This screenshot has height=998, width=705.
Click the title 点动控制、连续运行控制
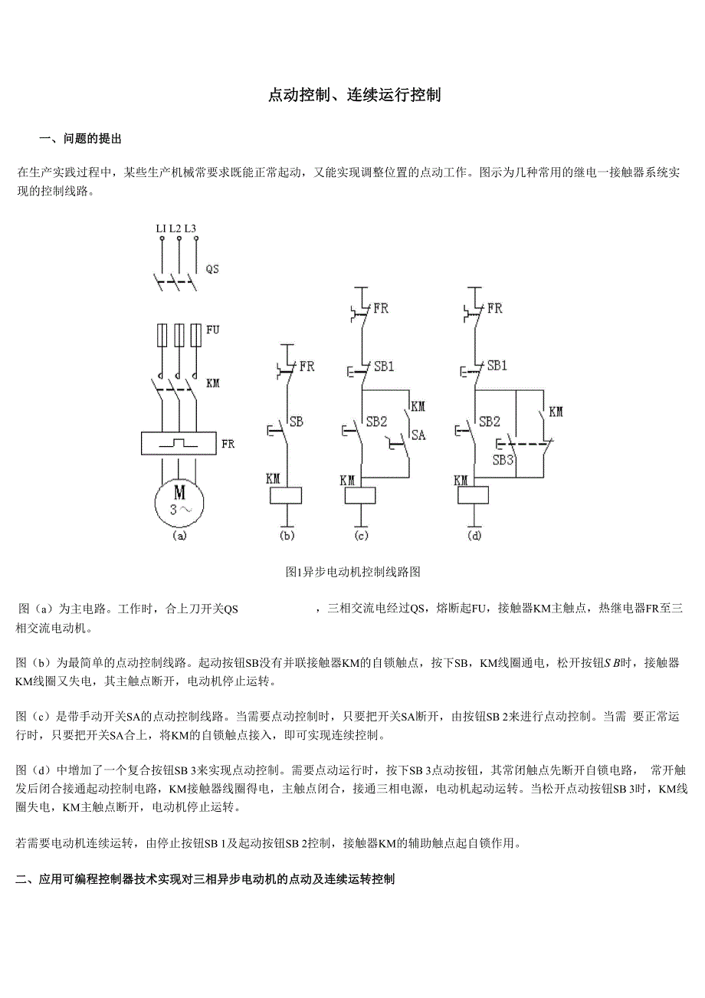[354, 96]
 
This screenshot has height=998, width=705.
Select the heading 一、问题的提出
[80, 140]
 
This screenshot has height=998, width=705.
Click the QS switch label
[212, 269]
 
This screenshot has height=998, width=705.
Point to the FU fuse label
[213, 330]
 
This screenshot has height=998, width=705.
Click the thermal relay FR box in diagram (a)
[179, 444]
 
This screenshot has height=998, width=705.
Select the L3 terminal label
[191, 228]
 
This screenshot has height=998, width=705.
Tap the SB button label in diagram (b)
[296, 422]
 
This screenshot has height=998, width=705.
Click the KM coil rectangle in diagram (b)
[286, 494]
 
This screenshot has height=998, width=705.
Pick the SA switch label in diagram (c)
[418, 435]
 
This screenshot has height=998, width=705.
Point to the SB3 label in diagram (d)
[503, 460]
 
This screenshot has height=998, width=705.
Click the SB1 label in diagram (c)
[384, 366]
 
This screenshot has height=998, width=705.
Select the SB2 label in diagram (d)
[490, 422]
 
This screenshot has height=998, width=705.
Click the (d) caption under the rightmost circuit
[474, 537]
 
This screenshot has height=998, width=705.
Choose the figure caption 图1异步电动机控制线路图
[352, 572]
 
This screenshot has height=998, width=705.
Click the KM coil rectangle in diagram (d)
[474, 494]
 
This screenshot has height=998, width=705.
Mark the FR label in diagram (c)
[381, 309]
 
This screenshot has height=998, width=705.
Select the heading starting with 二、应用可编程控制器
[205, 880]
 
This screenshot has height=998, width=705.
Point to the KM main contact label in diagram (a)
[213, 382]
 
